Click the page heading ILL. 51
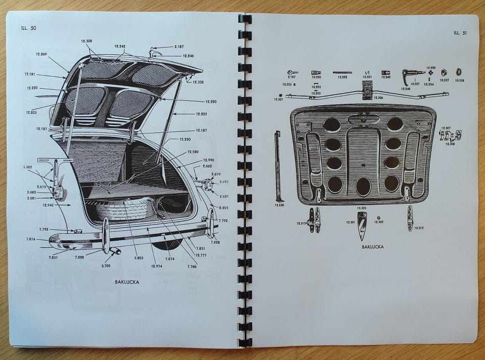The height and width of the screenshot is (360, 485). [x=460, y=33]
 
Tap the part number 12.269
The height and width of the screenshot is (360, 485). [x=41, y=54]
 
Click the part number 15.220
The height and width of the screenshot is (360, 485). [x=185, y=139]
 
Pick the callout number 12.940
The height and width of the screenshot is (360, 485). [x=48, y=205]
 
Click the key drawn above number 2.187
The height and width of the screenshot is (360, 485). [x=293, y=72]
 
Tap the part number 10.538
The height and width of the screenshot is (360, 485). [x=459, y=80]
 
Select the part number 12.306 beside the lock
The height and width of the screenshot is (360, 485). [x=377, y=97]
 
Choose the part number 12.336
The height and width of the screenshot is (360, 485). [x=279, y=205]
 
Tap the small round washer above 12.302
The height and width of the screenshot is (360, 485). [x=377, y=216]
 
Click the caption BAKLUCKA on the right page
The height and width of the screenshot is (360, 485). [x=372, y=247]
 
